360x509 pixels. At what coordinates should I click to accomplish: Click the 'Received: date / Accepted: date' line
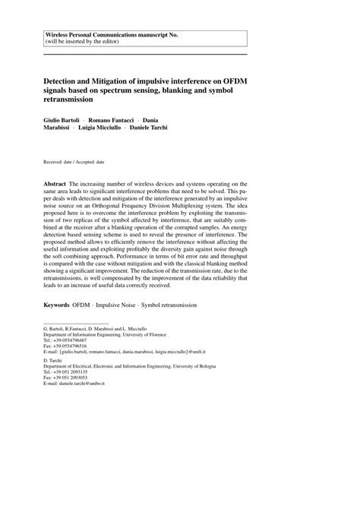74,163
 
